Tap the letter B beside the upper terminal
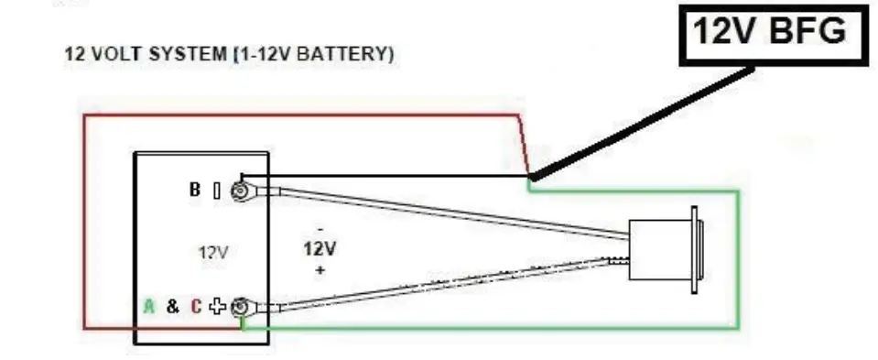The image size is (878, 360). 195,191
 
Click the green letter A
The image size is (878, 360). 148,307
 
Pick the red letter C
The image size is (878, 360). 195,307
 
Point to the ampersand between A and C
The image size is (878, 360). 172,307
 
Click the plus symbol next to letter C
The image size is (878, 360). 217,307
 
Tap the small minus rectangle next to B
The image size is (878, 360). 216,191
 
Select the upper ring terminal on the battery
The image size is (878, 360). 242,191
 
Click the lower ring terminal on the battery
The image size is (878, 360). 242,308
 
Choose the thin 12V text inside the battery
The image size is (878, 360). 212,250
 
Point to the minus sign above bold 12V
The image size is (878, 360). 320,228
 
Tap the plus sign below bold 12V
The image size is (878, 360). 320,271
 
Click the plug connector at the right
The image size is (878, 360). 664,249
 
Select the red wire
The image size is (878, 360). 84,220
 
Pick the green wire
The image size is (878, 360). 738,266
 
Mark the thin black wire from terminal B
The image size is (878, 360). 385,175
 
